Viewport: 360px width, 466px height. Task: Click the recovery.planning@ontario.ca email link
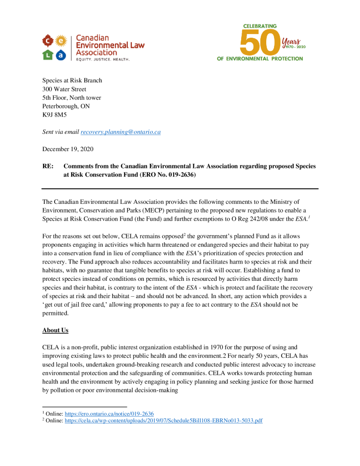121,132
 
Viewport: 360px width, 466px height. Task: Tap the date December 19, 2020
68,149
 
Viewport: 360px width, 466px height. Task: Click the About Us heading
55,330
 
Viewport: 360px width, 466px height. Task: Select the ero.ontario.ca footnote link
109,414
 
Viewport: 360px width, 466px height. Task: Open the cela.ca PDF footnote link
163,420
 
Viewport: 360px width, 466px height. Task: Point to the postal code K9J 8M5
54,115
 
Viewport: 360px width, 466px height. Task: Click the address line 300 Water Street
64,89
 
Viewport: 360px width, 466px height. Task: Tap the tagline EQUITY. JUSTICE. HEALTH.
103,60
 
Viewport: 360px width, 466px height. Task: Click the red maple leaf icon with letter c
48,41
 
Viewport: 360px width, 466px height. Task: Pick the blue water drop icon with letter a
61,55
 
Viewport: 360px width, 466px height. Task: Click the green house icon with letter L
48,55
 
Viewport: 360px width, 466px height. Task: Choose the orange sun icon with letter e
61,41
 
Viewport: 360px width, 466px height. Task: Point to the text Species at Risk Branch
72,81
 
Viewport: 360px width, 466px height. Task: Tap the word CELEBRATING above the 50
260,26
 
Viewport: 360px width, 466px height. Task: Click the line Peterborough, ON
66,106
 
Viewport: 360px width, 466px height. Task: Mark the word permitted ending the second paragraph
55,314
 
